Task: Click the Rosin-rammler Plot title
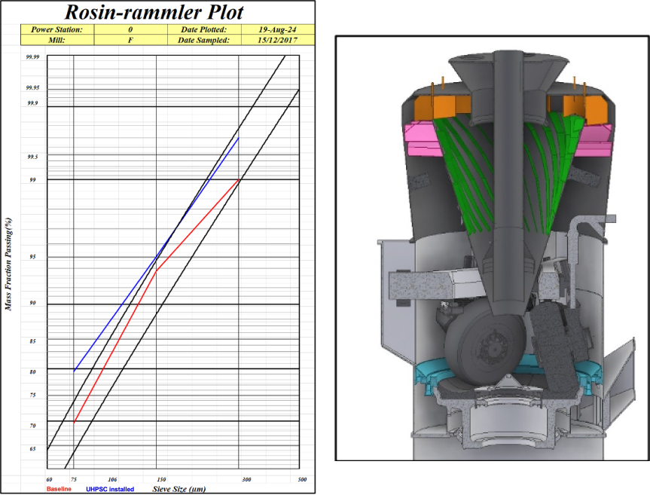(x=154, y=12)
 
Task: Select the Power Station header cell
(x=57, y=29)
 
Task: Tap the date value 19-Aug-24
(x=277, y=29)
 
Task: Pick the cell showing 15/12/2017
(x=277, y=40)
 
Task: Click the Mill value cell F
(x=130, y=40)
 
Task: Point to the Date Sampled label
(x=203, y=40)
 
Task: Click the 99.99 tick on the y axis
(x=32, y=57)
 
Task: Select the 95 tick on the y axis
(x=32, y=257)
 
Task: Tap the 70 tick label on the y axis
(x=32, y=426)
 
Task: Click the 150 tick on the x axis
(x=162, y=479)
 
